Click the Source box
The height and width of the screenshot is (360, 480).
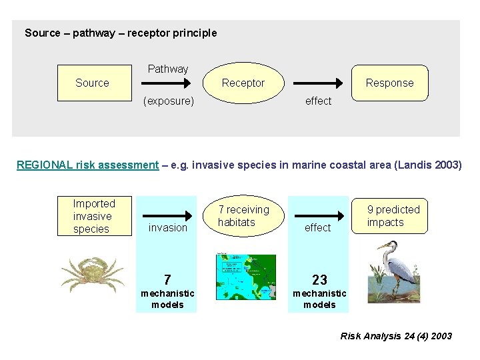click(x=93, y=83)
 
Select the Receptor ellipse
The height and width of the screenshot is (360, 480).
click(x=243, y=83)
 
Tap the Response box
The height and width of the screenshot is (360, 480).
click(x=389, y=83)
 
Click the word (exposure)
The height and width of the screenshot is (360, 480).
click(x=169, y=101)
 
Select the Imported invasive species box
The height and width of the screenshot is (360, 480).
click(x=94, y=216)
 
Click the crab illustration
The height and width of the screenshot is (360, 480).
click(x=92, y=274)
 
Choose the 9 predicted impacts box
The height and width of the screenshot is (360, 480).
click(x=393, y=216)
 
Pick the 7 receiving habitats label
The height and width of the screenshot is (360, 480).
click(x=243, y=216)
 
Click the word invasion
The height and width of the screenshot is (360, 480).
click(x=168, y=227)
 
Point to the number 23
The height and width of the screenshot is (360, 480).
click(x=319, y=279)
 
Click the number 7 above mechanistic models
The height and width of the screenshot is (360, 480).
click(x=167, y=279)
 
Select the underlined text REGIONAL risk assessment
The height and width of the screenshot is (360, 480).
click(x=87, y=165)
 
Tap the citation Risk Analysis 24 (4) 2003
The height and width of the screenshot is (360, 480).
click(x=396, y=336)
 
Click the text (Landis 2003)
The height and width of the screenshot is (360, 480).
click(x=427, y=165)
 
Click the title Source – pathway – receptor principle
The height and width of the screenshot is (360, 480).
click(x=121, y=33)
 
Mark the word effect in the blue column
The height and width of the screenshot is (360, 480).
click(x=317, y=227)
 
